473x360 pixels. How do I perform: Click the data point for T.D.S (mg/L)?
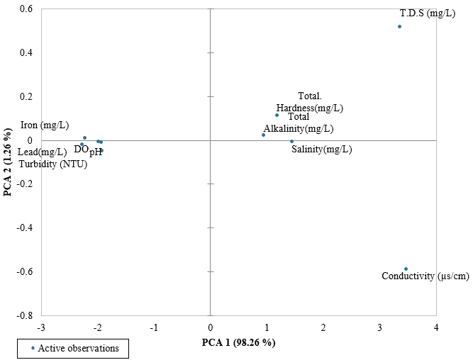[399, 26]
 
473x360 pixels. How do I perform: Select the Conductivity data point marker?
[406, 269]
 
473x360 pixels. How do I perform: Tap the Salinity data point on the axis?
[291, 142]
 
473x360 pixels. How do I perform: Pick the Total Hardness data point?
[277, 116]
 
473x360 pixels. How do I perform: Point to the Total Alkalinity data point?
[263, 135]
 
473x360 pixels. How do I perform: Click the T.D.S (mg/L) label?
[428, 13]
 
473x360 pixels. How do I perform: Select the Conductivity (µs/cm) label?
[425, 276]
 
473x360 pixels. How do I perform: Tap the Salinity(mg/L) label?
[321, 150]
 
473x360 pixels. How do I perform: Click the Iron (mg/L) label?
[45, 125]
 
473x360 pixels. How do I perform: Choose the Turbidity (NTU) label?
[53, 164]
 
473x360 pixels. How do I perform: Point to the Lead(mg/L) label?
[43, 152]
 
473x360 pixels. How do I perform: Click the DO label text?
[81, 149]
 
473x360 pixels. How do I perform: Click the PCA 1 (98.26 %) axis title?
[238, 343]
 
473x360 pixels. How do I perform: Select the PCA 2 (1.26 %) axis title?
[8, 162]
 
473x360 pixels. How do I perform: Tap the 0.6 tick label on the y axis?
[26, 9]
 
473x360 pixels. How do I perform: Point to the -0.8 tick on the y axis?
[24, 315]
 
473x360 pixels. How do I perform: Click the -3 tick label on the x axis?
[41, 327]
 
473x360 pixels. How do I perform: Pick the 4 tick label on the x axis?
[436, 327]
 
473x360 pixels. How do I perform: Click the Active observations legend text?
[79, 348]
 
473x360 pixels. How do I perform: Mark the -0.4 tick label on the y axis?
[24, 227]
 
